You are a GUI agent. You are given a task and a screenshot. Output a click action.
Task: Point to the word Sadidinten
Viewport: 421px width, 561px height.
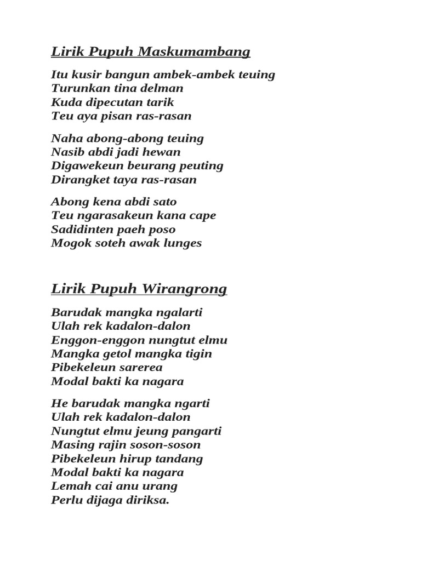83,230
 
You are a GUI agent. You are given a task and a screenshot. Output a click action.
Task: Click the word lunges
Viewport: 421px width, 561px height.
183,243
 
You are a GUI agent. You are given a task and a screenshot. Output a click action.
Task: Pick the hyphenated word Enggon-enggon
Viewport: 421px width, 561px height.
93,340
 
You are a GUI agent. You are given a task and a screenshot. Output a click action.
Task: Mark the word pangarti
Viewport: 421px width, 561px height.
196,431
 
